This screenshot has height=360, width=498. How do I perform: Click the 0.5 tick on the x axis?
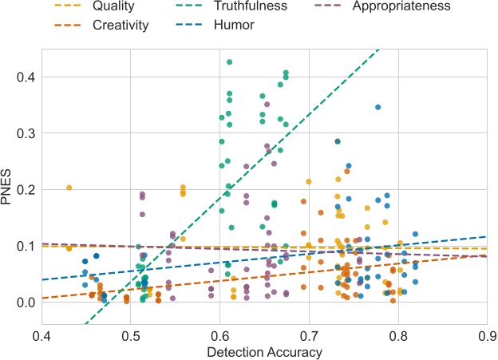coord(130,335)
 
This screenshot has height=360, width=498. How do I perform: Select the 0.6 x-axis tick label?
coord(219,335)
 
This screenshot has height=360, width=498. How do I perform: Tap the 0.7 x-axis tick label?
coord(308,335)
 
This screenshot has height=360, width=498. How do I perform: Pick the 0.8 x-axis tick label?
coord(397,335)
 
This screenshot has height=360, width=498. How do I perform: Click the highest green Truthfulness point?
coord(230,61)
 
